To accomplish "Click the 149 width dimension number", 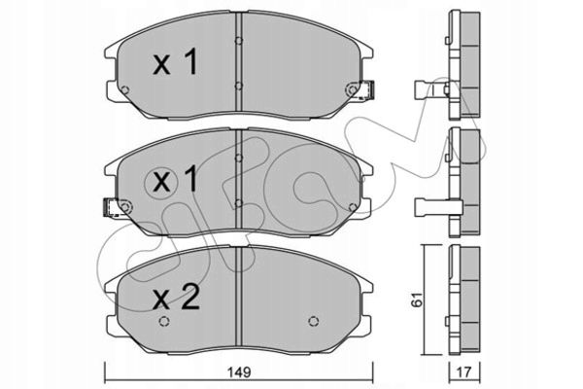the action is coord(240,371).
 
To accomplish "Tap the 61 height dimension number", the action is coord(417,300).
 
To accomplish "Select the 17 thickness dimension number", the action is coord(464,371).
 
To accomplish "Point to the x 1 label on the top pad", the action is coord(175,62).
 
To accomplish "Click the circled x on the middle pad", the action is coord(161,182).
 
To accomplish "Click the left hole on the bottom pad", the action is coord(164,321).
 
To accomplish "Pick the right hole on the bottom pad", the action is coord(314,321).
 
